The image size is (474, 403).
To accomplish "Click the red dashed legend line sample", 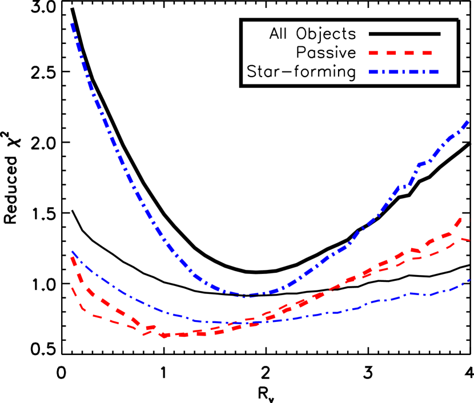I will point(400,53).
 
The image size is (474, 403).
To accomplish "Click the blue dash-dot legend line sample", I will point(403,72).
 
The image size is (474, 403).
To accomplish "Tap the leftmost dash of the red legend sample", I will point(373,53).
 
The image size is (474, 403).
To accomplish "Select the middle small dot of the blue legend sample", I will point(403,72).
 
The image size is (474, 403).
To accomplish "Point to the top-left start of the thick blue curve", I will point(73,25).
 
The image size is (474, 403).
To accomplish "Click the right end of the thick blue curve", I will point(468,122).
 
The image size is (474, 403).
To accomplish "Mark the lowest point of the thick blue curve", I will point(247,296).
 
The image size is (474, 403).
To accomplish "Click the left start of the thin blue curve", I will point(72,252).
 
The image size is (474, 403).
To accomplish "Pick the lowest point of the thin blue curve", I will point(220,323).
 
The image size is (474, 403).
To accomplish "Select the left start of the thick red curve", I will point(73,258).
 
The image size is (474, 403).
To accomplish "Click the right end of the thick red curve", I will point(461,219).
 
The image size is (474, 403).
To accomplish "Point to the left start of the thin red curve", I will point(72,288).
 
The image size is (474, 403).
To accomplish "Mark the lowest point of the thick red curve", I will point(166,336).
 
